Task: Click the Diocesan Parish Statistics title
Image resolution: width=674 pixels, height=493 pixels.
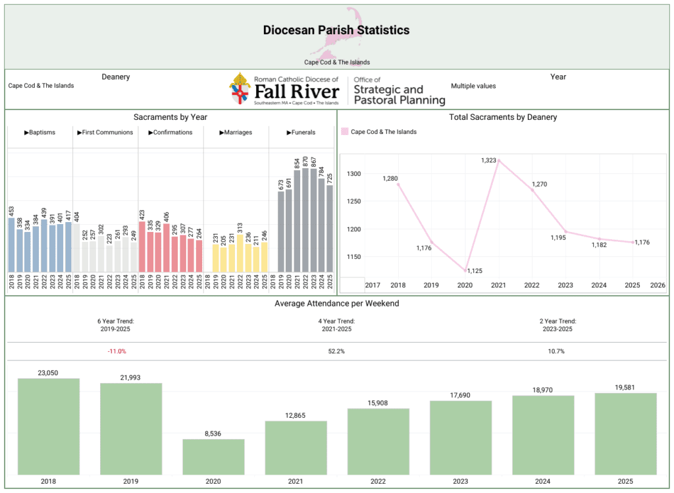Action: tap(336, 30)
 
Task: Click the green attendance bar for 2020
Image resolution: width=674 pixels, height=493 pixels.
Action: tap(213, 457)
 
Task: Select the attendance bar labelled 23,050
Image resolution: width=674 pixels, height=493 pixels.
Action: tap(48, 426)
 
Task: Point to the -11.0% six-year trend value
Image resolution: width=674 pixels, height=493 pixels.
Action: tap(117, 351)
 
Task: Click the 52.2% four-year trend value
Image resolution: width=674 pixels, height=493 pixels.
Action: tap(336, 351)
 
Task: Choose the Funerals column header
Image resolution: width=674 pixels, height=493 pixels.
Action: tap(301, 132)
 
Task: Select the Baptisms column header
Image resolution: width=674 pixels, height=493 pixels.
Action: tap(39, 132)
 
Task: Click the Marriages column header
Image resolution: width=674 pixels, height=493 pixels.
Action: tap(236, 132)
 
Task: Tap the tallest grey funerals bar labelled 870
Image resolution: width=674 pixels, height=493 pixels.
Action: tap(305, 220)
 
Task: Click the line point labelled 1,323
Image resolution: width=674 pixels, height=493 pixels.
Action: tap(499, 160)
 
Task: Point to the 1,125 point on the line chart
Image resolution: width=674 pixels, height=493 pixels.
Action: tap(465, 270)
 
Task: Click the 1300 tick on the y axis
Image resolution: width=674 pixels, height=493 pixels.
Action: tap(353, 174)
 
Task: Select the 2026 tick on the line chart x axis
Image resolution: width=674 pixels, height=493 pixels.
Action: tap(657, 285)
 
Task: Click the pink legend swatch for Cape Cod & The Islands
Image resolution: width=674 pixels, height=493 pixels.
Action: tap(344, 132)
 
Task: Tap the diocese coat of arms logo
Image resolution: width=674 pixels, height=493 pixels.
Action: tap(240, 89)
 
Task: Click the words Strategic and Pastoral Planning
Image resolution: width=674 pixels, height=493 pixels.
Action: tap(399, 94)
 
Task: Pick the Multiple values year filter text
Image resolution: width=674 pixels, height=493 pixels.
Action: tap(473, 86)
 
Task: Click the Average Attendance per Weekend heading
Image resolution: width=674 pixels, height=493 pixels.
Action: tap(336, 303)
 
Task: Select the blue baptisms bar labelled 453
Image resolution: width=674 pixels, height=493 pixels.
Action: tap(12, 245)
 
